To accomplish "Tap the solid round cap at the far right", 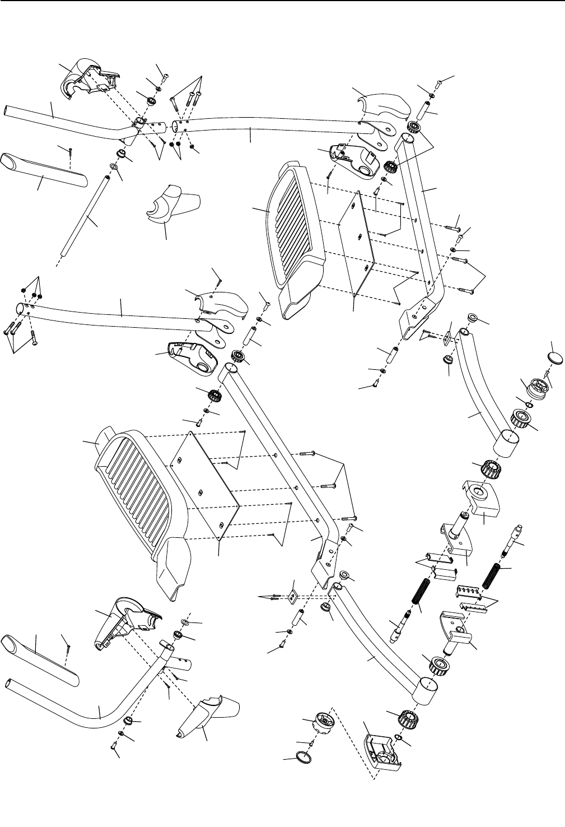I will coord(555,358).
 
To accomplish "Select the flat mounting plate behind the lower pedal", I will coord(204,482).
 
